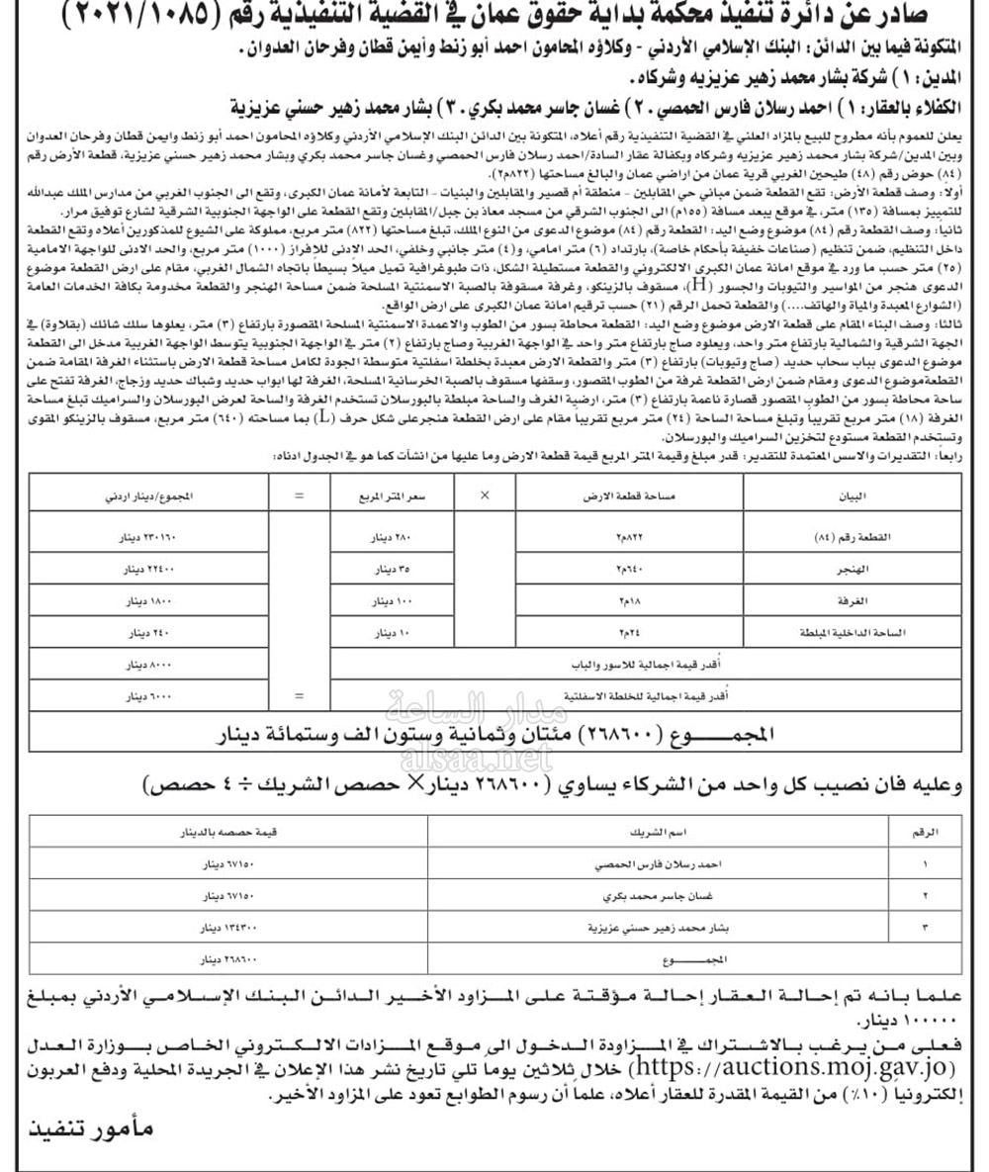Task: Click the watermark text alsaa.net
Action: [474, 760]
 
